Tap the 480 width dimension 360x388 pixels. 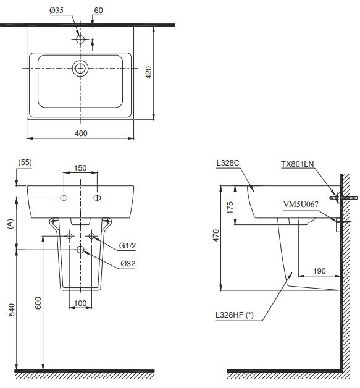coord(80,133)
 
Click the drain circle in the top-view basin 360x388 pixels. coord(80,67)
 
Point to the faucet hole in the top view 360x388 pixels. coord(80,38)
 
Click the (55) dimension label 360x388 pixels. coord(25,162)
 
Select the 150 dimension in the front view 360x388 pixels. coord(80,167)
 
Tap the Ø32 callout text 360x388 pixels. coord(128,264)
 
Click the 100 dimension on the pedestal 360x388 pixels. coord(80,303)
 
